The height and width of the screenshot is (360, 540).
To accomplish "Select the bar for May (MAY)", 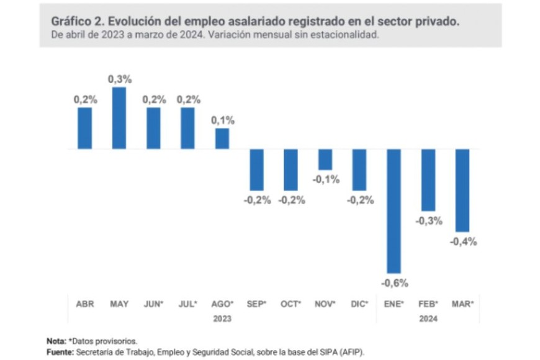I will click(119, 118).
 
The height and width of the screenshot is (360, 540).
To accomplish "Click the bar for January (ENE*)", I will click(394, 211).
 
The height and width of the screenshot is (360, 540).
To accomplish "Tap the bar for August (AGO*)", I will click(222, 138).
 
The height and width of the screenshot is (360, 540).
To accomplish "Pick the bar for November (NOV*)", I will click(325, 160).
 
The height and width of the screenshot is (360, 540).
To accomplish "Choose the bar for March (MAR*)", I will click(462, 190).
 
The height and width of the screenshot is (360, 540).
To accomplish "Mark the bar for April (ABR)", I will click(85, 128).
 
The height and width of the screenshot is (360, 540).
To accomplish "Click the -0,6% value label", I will click(395, 283).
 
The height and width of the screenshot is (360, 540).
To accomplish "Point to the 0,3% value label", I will click(120, 79).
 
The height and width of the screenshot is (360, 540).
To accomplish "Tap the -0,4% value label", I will click(464, 241).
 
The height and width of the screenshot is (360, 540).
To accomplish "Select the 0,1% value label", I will click(223, 120).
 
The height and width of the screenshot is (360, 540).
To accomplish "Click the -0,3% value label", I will click(429, 221).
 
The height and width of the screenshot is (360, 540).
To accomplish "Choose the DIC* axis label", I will click(360, 304).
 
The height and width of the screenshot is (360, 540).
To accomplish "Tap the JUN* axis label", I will click(154, 304).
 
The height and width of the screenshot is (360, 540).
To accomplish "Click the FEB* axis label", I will click(428, 304).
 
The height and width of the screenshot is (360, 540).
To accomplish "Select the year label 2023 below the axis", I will click(222, 318).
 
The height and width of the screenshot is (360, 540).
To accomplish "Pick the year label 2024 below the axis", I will click(428, 318).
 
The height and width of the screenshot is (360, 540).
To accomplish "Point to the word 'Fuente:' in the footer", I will click(60, 351).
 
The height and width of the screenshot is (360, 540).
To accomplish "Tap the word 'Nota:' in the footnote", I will click(56, 341).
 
